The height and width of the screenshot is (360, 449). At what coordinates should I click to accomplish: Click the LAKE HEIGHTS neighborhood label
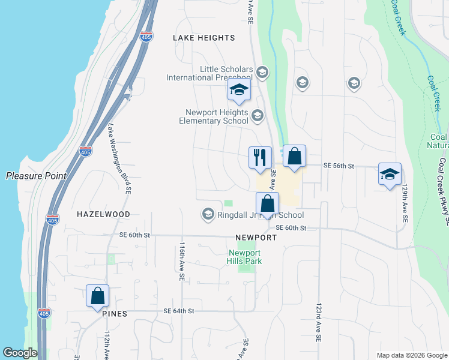203,38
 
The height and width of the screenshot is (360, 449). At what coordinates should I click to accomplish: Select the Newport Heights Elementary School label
214,116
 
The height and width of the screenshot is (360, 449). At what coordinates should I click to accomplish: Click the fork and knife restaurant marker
260,158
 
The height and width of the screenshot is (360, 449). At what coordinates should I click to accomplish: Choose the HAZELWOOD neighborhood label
103,214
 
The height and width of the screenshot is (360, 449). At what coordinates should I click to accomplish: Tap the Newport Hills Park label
245,257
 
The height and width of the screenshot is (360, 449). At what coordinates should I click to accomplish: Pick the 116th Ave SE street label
181,261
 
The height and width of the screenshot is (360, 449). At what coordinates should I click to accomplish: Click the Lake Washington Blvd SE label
119,159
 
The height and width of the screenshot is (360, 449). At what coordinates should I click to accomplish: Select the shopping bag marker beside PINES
97,296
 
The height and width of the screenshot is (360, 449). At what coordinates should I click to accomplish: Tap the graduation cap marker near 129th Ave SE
390,175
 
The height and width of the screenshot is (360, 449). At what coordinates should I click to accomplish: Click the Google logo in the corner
20,353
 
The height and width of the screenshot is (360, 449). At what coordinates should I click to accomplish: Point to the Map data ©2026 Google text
411,355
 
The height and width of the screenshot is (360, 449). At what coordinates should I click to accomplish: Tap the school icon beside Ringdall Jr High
208,214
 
